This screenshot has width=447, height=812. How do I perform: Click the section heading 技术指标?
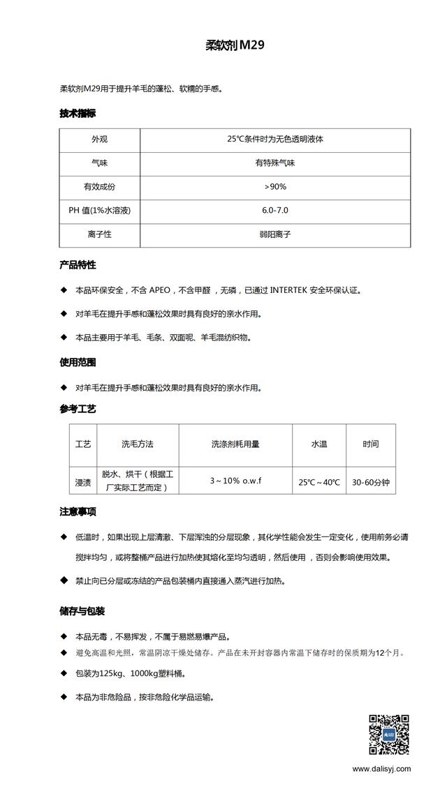pos(78,113)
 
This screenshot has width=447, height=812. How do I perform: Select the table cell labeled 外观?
pos(99,140)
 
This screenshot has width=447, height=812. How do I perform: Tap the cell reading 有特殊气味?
pos(274,163)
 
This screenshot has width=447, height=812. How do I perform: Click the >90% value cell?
pos(274,187)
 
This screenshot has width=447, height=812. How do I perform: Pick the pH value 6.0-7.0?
pos(274,211)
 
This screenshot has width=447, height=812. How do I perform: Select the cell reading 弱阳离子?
pos(274,234)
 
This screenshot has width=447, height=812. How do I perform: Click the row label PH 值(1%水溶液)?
pos(100,211)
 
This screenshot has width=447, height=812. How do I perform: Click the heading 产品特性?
pos(78,265)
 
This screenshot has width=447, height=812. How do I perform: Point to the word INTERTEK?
pos(294,290)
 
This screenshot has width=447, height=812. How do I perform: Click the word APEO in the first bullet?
pos(160,290)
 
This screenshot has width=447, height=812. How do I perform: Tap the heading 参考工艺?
pos(78,409)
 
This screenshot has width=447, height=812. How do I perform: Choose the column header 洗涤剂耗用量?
pos(235,444)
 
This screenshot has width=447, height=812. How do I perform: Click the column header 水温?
pos(318,444)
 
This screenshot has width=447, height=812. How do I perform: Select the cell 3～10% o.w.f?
pos(235,481)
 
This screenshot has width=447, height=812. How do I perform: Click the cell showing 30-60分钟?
pos(370,481)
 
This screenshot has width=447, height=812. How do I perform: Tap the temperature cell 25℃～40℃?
pos(318,482)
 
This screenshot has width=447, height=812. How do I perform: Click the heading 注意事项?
pos(78,512)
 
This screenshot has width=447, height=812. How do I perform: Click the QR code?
pos(389,734)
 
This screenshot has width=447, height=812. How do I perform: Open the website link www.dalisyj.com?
pos(381,769)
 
